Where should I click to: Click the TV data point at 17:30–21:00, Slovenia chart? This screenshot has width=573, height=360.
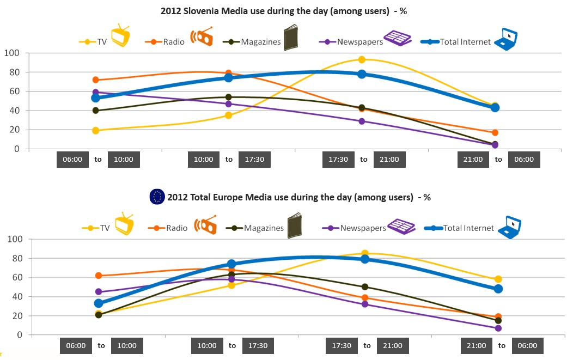point(361,59)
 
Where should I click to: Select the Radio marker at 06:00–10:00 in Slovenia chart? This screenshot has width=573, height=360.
point(96,80)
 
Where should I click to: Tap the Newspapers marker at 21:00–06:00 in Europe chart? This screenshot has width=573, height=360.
point(498,328)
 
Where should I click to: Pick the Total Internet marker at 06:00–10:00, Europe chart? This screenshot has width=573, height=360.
point(99,303)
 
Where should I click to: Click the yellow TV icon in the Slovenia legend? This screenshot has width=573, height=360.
point(120,36)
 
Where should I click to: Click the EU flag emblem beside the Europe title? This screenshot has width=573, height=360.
point(157,197)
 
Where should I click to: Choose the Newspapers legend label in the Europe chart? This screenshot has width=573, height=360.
point(363,228)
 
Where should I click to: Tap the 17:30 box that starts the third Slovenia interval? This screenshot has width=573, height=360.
point(338,160)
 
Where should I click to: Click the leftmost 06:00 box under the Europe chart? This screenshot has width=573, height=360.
point(76,345)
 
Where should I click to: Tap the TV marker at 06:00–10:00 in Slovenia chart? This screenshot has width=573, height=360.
point(96,130)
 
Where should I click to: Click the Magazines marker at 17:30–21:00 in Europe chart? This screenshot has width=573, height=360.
point(365,286)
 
